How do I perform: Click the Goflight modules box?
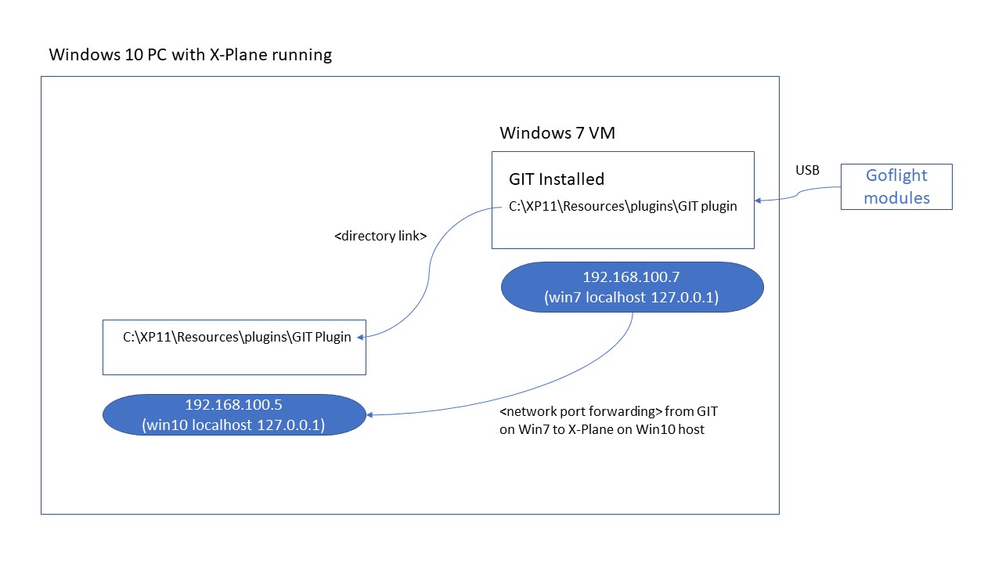pyautogui.click(x=896, y=186)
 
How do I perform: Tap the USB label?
pyautogui.click(x=807, y=170)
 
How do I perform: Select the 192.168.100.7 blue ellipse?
pyautogui.click(x=632, y=287)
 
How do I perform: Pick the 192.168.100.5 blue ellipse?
pyautogui.click(x=234, y=414)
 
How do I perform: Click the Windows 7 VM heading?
pyautogui.click(x=557, y=133)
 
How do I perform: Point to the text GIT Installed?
pyautogui.click(x=557, y=179)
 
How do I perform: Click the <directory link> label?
pyautogui.click(x=380, y=236)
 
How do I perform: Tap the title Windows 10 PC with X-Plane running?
pyautogui.click(x=190, y=55)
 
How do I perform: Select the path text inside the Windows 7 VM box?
pyautogui.click(x=622, y=208)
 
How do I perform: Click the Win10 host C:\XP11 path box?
pyautogui.click(x=234, y=347)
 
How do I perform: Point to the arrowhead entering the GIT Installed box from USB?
pyautogui.click(x=758, y=201)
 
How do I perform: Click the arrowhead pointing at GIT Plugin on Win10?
pyautogui.click(x=361, y=337)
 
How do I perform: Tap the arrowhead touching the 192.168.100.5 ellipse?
pyautogui.click(x=369, y=414)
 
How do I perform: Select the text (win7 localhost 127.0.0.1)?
pyautogui.click(x=631, y=298)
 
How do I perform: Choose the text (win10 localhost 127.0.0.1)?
pyautogui.click(x=233, y=425)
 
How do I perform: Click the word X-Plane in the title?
pyautogui.click(x=241, y=55)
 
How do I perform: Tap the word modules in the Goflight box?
pyautogui.click(x=896, y=197)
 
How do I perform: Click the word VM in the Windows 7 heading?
pyautogui.click(x=602, y=133)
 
